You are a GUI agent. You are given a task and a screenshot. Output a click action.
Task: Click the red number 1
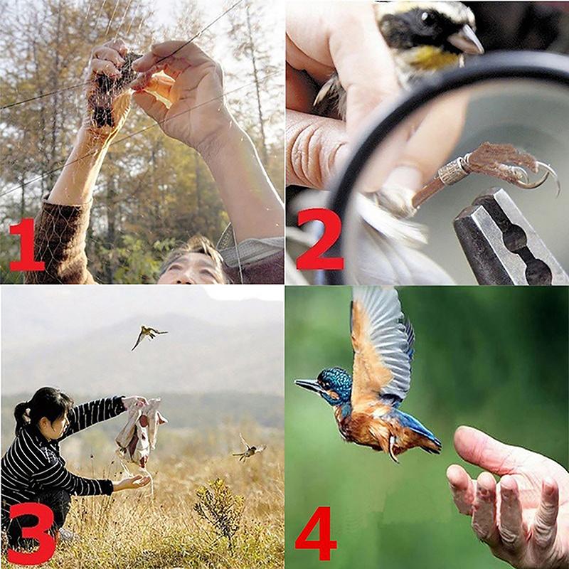coord(26,245)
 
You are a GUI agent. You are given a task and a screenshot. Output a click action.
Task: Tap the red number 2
coord(320,239)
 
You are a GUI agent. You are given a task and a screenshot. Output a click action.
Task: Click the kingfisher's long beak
coord(308,385)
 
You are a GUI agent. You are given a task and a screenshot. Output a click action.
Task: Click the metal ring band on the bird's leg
coord(452,171)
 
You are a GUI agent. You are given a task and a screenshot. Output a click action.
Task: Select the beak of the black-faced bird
coord(467,40)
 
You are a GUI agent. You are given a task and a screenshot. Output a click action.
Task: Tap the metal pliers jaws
coord(508,236)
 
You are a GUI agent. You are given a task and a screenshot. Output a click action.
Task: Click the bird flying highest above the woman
coord(148,335)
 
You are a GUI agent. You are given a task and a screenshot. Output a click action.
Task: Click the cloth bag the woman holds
coord(139,432)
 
